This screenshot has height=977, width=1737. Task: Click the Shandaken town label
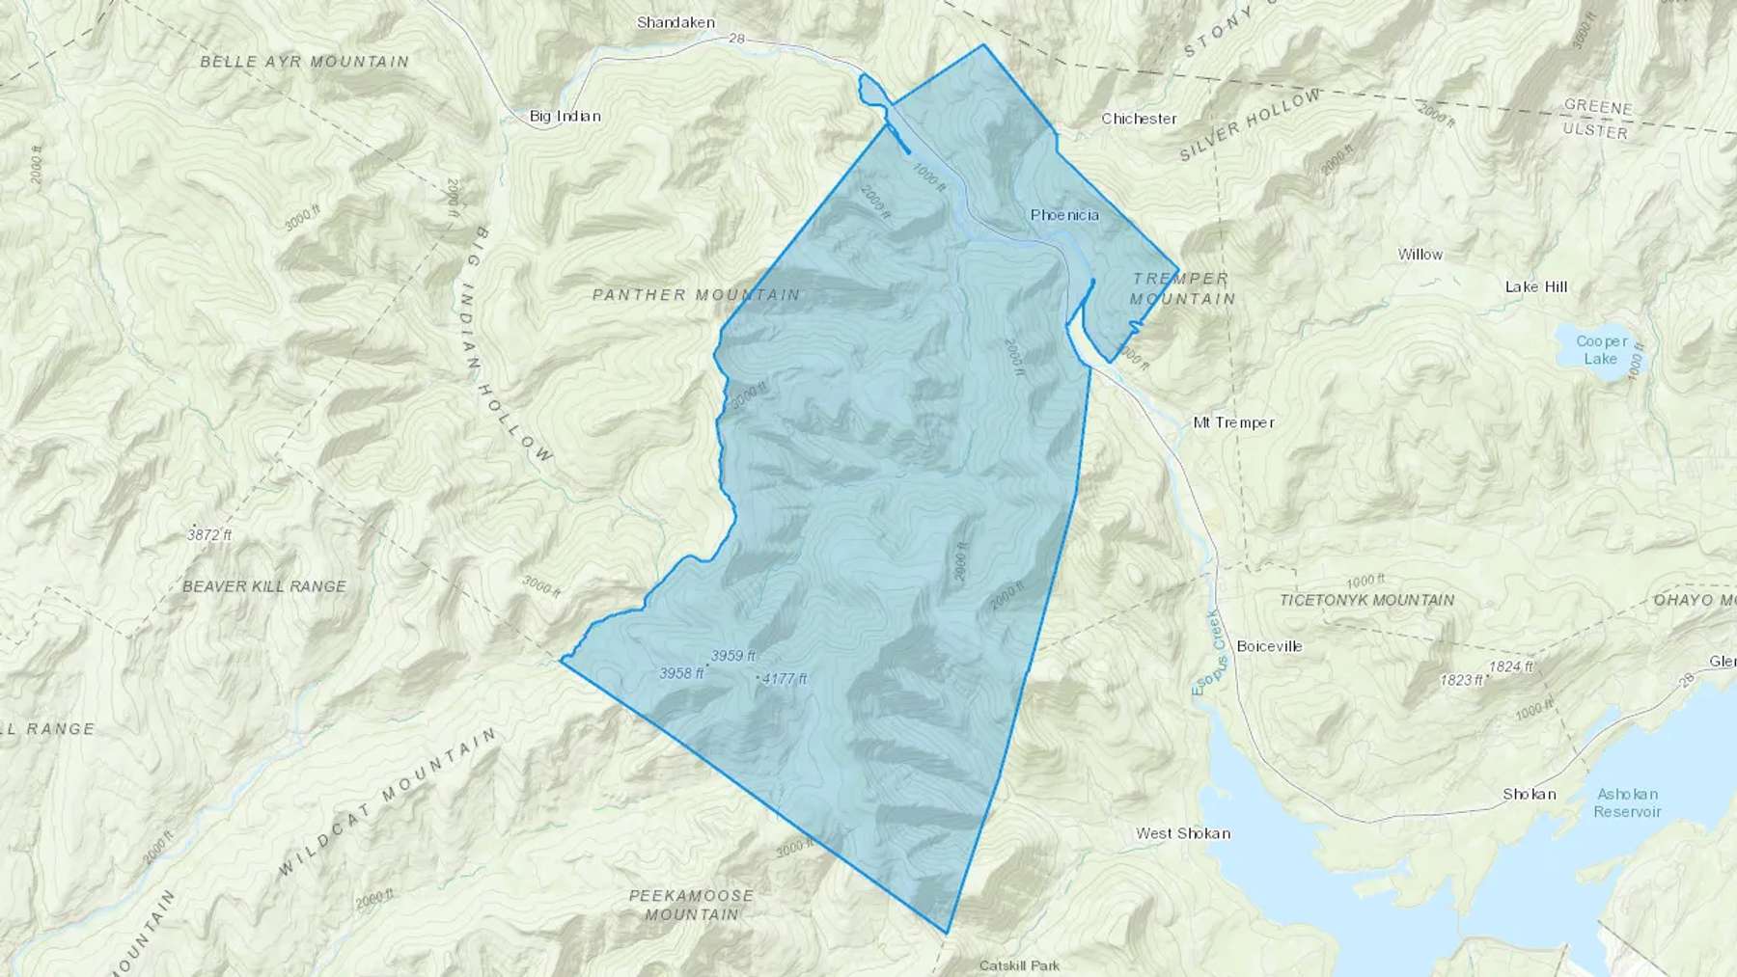point(675,22)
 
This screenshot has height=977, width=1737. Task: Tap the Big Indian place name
point(565,117)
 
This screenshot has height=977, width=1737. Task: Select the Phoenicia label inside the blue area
point(1064,215)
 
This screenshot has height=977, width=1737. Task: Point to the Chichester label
point(1139,119)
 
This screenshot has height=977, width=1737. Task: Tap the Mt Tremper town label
point(1233,422)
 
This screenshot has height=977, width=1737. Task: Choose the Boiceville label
point(1269,646)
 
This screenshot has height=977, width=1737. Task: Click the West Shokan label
point(1182,833)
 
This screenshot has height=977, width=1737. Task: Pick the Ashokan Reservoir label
point(1627,802)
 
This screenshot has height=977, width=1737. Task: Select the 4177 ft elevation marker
point(784,679)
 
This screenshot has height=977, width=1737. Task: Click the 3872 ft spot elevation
point(210,534)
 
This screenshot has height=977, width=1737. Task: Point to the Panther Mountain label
point(696,295)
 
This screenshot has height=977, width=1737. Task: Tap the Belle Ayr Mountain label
point(304,62)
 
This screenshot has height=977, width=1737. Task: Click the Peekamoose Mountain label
point(691,905)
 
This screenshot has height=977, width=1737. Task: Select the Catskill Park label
point(1019,965)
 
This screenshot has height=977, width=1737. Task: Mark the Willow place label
point(1420,255)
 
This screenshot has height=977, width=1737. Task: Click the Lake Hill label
point(1536,286)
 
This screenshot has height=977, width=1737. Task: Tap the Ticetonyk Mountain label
point(1366,600)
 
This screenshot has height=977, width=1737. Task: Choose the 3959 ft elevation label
point(732,656)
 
